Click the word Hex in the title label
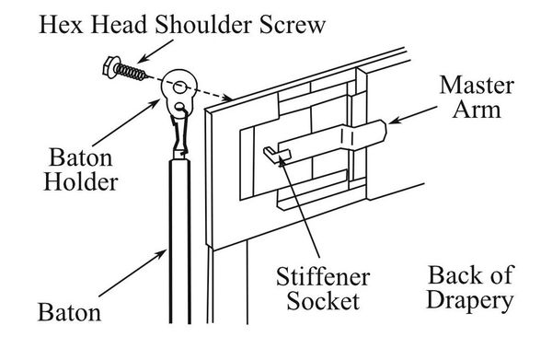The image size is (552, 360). point(61,25)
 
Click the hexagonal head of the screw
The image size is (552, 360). point(111,67)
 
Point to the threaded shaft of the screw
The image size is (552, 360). point(132,72)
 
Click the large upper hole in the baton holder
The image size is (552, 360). point(179,87)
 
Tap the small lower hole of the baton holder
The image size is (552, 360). point(180,106)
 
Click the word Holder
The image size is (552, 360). point(80,182)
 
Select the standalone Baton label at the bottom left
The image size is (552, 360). point(69,312)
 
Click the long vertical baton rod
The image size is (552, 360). point(180,241)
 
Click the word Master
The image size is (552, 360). point(477,86)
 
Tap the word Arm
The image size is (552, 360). point(477,110)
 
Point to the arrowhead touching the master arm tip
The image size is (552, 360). point(394,121)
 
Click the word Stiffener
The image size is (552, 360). point(323,276)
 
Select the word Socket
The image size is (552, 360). point(323,301)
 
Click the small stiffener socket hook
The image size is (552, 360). point(277,155)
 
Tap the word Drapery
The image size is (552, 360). point(470,301)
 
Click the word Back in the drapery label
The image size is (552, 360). point(451,275)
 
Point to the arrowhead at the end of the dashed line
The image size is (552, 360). point(226,98)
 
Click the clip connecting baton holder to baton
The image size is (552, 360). point(180,135)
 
